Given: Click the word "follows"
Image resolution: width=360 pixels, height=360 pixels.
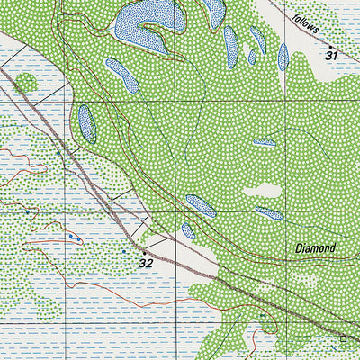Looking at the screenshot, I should [306, 23].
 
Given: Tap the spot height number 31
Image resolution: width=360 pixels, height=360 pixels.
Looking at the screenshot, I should [332, 56].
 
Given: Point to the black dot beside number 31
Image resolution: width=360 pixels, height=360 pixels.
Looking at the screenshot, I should [330, 45].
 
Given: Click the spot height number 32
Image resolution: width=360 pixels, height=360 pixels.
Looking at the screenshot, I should [146, 263].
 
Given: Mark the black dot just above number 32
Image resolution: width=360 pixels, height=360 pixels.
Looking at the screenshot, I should [141, 251].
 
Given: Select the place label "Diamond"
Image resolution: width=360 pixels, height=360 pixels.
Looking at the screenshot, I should [315, 247].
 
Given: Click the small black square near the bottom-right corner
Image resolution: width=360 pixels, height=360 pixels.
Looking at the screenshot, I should [343, 338].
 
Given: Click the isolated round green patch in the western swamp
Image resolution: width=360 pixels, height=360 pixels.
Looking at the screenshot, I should [25, 84].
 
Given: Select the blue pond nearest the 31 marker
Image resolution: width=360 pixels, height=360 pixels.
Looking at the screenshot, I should [283, 58].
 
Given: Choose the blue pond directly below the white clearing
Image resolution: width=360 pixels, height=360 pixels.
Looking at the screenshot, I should [268, 213].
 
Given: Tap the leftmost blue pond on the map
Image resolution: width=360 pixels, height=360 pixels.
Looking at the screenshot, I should [87, 123].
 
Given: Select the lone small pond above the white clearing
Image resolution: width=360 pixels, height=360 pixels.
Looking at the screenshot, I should [264, 142].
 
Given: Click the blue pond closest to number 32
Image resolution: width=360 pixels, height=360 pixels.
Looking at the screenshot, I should [188, 230].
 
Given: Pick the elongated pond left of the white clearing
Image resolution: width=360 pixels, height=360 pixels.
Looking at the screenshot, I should [200, 206].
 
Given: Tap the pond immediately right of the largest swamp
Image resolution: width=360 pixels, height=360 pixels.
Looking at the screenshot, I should [214, 12].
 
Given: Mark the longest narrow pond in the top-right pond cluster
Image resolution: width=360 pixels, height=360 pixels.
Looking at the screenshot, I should [230, 47].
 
